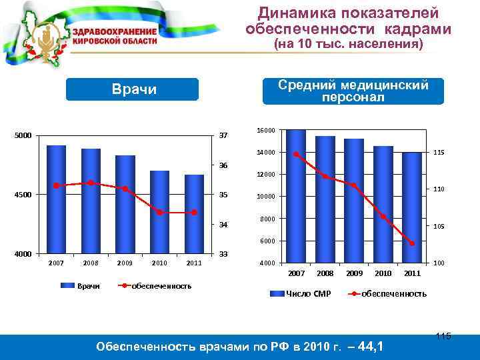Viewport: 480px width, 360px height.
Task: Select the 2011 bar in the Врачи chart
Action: point(194,213)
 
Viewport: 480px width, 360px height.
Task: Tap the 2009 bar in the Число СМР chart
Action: point(353,200)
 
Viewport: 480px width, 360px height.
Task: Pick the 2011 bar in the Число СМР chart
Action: point(411,207)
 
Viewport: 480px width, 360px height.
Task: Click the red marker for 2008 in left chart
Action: point(91,183)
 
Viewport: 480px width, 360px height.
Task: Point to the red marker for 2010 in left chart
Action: point(159,213)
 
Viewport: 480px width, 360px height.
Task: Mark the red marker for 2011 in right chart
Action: point(412,243)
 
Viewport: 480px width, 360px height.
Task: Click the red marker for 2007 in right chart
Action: point(295,155)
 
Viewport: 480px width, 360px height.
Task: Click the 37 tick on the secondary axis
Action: point(224,137)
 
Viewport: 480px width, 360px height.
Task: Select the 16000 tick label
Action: point(266,131)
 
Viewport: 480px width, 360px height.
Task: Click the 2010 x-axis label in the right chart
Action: point(383,274)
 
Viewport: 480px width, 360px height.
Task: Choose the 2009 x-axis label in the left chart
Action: point(125,263)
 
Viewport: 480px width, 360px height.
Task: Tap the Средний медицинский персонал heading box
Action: point(353,91)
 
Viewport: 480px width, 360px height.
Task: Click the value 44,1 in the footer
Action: point(370,346)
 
